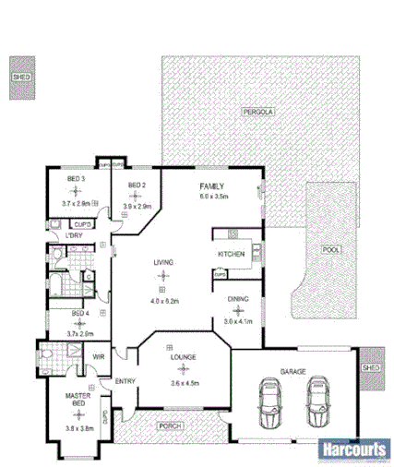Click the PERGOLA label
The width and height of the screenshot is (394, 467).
pyautogui.click(x=257, y=111)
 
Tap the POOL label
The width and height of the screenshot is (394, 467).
pyautogui.click(x=332, y=249)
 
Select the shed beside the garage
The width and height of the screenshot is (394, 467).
pyautogui.click(x=371, y=367)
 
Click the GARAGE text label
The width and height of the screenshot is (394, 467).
pyautogui.click(x=293, y=373)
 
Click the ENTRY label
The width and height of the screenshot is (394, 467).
pyautogui.click(x=125, y=382)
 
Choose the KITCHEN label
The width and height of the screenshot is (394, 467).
pyautogui.click(x=231, y=254)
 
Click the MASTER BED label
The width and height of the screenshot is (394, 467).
pyautogui.click(x=76, y=401)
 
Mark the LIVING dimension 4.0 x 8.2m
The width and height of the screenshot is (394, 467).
pyautogui.click(x=163, y=301)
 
